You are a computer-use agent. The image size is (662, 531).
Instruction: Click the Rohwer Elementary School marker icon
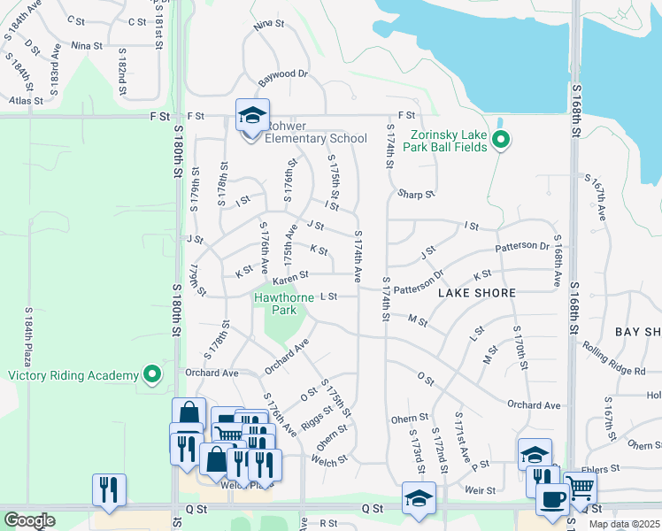point(252,116)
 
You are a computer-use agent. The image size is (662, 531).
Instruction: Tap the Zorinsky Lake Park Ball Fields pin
point(500,140)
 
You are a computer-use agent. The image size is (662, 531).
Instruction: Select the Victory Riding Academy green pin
point(152,374)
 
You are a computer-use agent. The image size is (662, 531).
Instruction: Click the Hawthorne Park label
point(283,304)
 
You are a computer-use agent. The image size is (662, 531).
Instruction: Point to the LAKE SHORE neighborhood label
point(471,291)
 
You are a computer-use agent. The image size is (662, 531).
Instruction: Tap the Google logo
point(29,519)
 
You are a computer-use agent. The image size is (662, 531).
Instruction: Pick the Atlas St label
point(25,101)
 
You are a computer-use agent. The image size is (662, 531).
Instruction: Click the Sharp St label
point(416,194)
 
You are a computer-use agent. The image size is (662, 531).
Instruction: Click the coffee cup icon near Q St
point(551,498)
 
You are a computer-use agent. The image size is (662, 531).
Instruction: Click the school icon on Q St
point(419,497)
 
